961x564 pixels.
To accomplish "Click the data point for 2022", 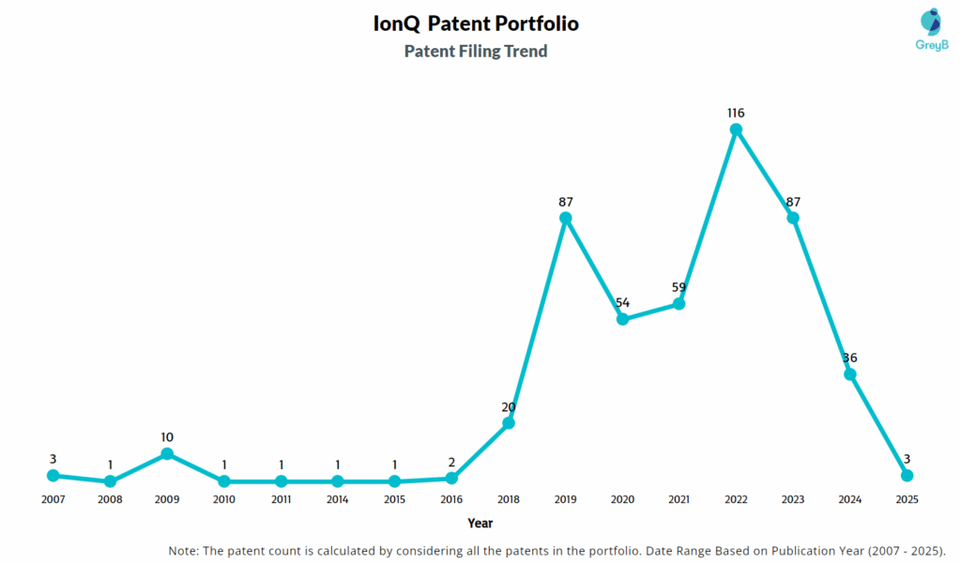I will point(736,130).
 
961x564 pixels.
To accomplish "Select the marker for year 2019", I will point(566,218).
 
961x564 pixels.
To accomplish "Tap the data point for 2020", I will point(622,319).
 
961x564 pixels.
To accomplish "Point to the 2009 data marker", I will point(167,453).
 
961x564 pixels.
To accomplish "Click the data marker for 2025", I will point(907,476).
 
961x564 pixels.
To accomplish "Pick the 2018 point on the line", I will point(509,423).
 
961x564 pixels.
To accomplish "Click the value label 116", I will point(736,113).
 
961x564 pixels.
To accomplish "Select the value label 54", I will point(622,302).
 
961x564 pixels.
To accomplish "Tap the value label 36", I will point(849,358).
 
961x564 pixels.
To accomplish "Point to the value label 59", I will point(679,287).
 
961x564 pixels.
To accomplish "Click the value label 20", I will point(509,406).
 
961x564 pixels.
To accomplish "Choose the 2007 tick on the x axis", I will point(53,499).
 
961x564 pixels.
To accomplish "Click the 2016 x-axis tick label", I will point(451,499).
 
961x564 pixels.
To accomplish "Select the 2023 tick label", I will point(793,499).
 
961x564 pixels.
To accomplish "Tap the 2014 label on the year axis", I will point(338,499).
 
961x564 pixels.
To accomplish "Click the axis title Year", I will point(480,523).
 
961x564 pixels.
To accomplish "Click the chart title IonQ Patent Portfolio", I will point(476,24).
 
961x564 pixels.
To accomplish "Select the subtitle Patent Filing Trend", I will point(476,52).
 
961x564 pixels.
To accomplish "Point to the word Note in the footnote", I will point(184,550).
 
